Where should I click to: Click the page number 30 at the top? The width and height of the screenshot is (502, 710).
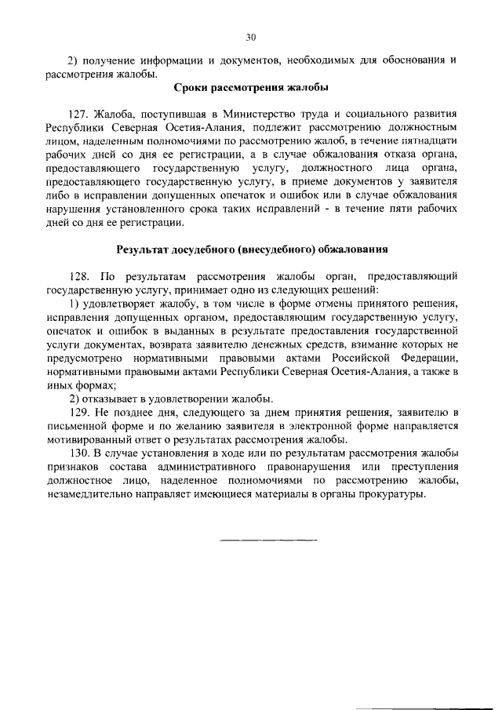[251, 37]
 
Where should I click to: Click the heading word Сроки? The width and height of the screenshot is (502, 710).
[192, 87]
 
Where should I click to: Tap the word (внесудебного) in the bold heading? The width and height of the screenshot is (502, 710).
[274, 251]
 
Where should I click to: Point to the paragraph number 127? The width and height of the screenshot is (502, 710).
[81, 115]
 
